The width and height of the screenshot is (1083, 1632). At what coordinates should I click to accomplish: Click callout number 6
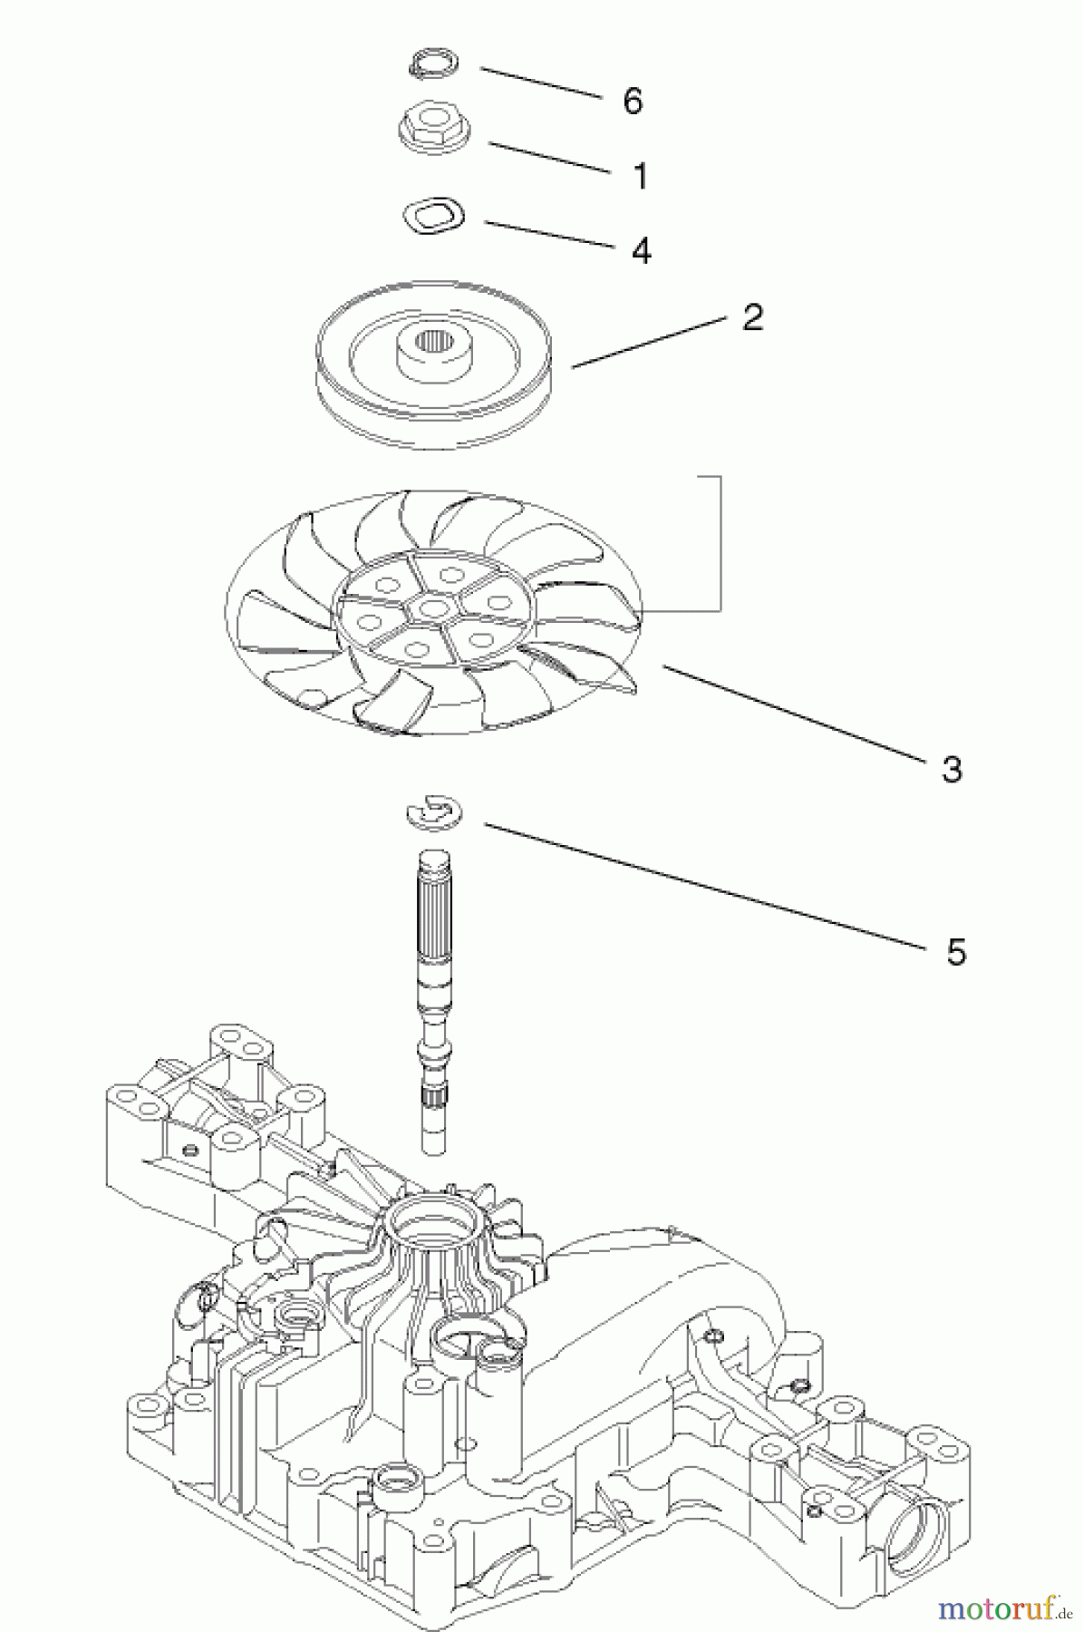[633, 101]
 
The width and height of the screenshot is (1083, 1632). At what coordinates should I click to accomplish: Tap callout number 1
[641, 176]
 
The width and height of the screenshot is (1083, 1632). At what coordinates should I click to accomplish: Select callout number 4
[641, 250]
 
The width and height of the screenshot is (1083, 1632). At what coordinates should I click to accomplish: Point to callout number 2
[752, 317]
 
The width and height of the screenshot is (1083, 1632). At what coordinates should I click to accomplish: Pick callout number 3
[951, 770]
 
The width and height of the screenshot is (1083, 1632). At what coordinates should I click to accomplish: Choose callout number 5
[956, 953]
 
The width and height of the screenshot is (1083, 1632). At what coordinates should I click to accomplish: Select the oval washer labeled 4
[432, 217]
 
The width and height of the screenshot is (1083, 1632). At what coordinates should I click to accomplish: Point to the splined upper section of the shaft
[440, 916]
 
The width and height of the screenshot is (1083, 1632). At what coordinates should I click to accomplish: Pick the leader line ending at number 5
[707, 885]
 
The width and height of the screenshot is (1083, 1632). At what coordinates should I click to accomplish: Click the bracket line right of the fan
[720, 544]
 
